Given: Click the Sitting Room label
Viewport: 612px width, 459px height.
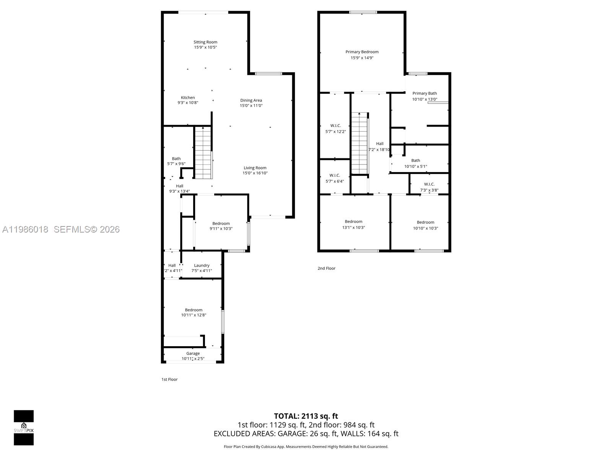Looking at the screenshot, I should point(205,42).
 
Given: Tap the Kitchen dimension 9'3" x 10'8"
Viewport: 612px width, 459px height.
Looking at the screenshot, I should point(188,103).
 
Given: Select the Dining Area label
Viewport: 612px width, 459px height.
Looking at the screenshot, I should point(251,100).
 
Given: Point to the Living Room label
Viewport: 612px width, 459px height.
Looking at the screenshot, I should point(255,168).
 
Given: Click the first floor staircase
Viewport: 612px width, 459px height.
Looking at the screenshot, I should point(203,153).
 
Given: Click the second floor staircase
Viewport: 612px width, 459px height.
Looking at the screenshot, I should point(360,143).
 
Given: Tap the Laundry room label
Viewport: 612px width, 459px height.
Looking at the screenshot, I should point(202,265).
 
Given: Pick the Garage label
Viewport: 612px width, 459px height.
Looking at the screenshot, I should point(193,353).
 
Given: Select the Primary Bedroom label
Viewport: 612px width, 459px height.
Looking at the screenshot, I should point(362,52).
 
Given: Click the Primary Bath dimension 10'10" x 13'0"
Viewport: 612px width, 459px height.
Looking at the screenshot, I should point(425,99).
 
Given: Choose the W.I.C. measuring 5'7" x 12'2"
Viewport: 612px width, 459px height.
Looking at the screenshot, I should point(335,129).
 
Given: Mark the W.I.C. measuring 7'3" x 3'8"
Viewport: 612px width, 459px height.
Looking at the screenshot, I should point(429,187).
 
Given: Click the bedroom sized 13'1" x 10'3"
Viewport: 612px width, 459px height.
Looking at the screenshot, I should point(353,225).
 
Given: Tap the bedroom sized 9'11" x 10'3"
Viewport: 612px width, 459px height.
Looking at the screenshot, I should point(221,226).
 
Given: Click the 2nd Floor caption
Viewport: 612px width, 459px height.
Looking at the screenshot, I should point(326,269).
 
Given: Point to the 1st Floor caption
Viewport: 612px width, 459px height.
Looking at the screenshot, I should point(169,379).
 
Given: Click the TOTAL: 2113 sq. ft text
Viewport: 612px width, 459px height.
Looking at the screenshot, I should point(306,416).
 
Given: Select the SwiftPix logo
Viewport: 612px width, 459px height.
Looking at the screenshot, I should point(24,428).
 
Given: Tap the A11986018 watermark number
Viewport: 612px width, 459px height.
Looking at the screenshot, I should point(25,229).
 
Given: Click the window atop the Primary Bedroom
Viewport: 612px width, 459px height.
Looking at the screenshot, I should point(363,12).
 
